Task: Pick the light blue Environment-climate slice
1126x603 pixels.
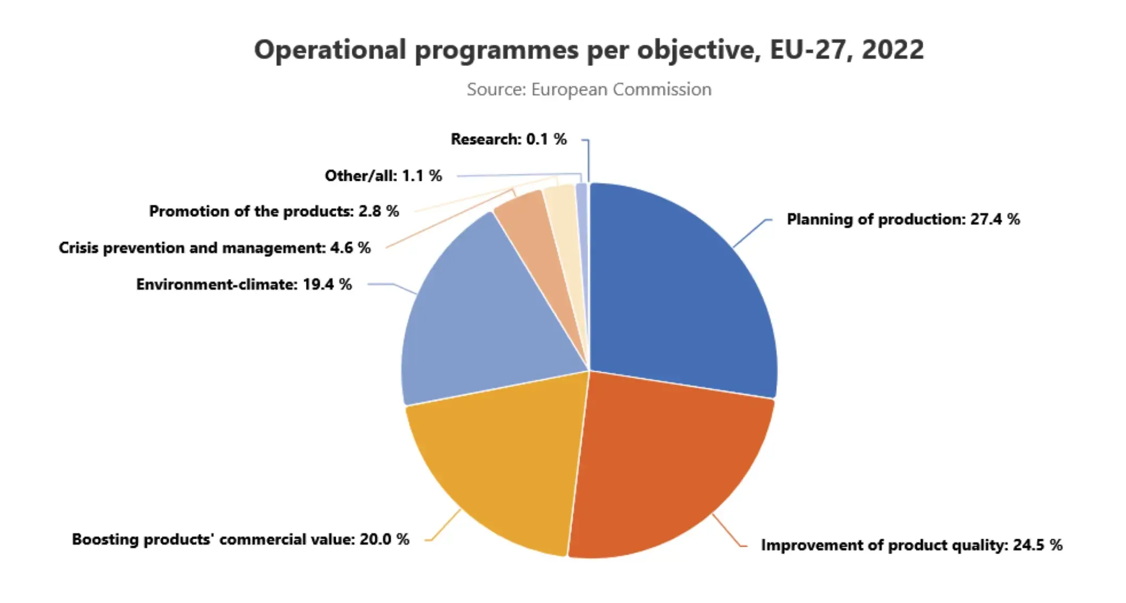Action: coord(479,319)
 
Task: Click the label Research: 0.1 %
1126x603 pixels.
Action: coord(509,139)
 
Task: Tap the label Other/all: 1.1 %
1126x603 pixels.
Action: coord(383,175)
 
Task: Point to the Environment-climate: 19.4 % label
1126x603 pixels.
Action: coord(244,284)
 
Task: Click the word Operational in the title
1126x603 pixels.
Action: coord(330,50)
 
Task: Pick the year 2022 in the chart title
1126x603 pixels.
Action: coord(892,50)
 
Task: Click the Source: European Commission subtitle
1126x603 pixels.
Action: coord(589,89)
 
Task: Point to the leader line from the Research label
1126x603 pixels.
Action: coord(589,160)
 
